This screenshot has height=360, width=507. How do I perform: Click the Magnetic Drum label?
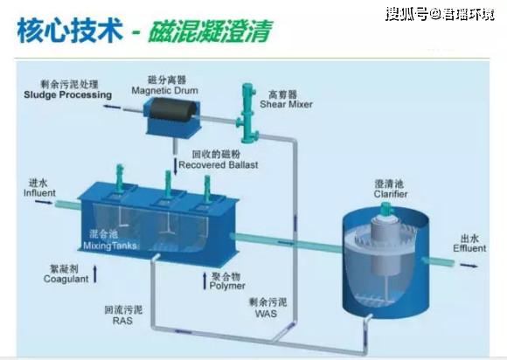[164, 91]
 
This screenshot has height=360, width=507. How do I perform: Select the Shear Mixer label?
[286, 104]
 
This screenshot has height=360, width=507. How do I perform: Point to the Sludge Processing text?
[68, 94]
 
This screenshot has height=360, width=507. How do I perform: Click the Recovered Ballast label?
[219, 165]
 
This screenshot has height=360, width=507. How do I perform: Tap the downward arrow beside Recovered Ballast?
[176, 167]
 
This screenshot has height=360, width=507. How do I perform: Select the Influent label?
[39, 193]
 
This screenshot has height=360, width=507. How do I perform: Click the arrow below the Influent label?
[44, 203]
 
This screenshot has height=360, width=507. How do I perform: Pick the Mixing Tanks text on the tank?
[110, 246]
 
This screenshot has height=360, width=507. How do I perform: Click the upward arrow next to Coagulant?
[95, 273]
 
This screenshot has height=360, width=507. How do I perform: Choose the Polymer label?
[227, 286]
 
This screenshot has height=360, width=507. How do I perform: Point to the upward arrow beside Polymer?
[205, 281]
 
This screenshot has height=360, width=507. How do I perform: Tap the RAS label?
[122, 321]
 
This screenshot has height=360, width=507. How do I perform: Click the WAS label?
[266, 314]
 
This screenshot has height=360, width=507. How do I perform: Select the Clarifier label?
[391, 194]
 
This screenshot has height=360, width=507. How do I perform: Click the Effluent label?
[469, 248]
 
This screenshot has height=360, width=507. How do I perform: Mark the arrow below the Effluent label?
[469, 266]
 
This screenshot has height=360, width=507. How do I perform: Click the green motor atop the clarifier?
[386, 209]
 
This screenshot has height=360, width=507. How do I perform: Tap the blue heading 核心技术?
[70, 31]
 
